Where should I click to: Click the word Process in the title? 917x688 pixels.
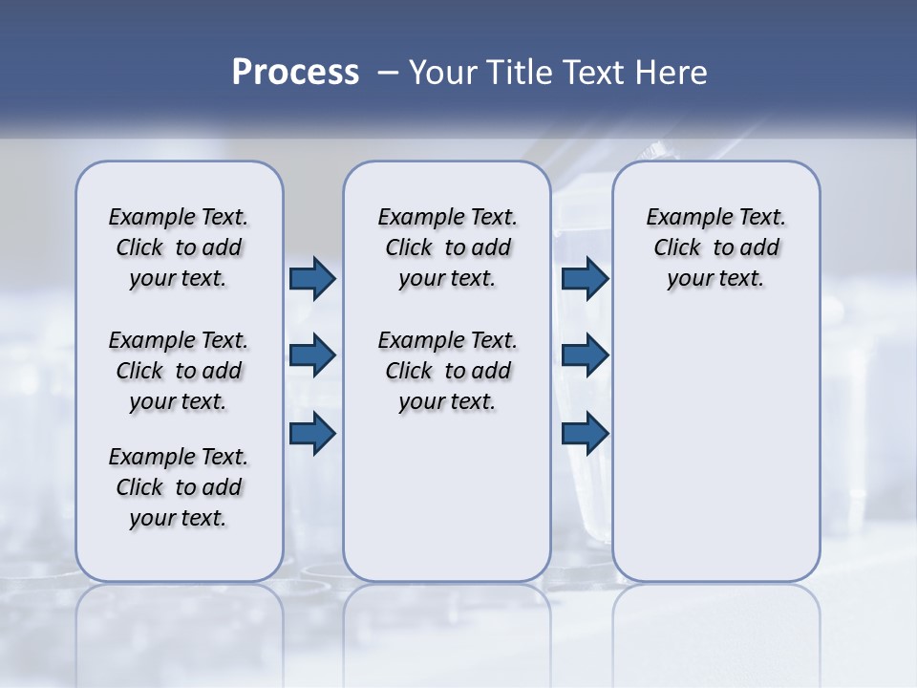point(295,73)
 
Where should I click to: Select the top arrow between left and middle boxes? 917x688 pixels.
point(312,278)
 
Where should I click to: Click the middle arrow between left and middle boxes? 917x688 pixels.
point(312,355)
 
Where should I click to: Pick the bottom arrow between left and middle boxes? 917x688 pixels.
point(312,433)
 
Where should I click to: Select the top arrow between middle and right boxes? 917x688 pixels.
point(586,278)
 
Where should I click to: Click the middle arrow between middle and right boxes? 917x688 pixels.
point(586,355)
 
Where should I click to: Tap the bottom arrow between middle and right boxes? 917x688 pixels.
point(586,433)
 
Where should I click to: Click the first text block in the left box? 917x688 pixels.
point(179,247)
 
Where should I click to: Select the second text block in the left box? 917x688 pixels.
point(179,371)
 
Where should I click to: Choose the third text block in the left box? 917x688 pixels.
point(179,487)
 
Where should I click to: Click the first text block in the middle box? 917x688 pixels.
point(447,247)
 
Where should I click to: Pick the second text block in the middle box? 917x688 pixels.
point(447,371)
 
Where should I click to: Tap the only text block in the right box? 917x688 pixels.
point(715,247)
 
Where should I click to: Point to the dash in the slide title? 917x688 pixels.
point(388,73)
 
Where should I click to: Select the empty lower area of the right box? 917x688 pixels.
point(715,449)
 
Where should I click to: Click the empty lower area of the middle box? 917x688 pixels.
point(447,497)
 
